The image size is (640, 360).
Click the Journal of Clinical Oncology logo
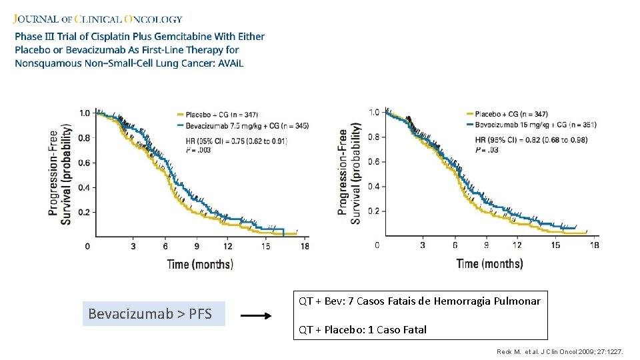point(99,19)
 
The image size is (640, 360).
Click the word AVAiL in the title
point(229,63)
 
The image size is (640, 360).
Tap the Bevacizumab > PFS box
point(154,313)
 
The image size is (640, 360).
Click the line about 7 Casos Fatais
point(419,301)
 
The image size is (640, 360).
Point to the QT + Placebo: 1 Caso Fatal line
point(363,329)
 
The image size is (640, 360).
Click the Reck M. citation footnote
point(560,351)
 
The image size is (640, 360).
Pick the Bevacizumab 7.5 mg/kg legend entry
point(243,125)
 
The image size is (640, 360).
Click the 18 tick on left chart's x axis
point(305,247)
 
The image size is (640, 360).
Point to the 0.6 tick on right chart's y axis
point(373,162)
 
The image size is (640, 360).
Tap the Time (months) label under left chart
point(199,264)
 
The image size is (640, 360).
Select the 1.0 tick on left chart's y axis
point(85,113)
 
